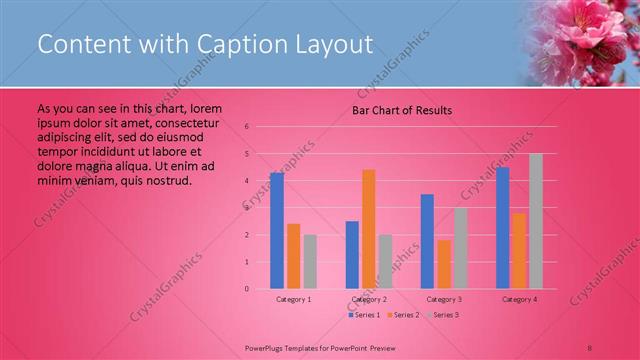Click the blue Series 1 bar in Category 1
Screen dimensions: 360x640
click(x=277, y=231)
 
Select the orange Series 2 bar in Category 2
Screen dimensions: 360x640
click(x=369, y=229)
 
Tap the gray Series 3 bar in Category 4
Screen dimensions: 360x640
click(x=536, y=221)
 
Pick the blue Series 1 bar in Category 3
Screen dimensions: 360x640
click(x=427, y=241)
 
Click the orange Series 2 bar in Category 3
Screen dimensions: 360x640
click(x=444, y=264)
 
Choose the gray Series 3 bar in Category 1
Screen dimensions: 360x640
click(x=310, y=261)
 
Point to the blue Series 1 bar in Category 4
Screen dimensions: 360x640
click(x=503, y=228)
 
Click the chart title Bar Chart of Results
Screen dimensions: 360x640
click(x=402, y=110)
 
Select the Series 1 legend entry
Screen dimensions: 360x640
click(x=363, y=315)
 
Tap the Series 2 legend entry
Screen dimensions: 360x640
click(x=402, y=315)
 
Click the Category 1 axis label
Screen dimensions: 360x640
click(x=293, y=299)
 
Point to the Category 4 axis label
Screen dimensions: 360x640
click(x=519, y=299)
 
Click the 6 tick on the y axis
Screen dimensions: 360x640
click(x=247, y=127)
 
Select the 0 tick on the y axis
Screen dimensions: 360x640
click(x=247, y=289)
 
